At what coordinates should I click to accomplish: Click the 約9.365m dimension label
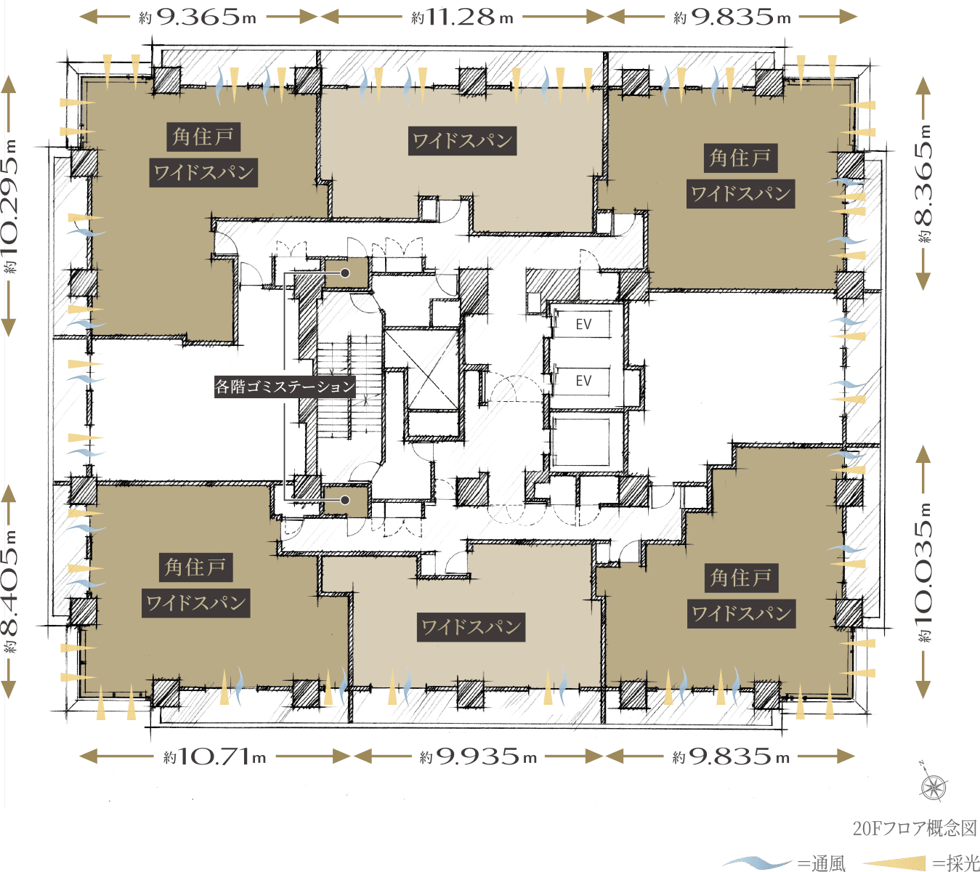pos(198,17)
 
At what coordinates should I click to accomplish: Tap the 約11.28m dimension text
pos(462,17)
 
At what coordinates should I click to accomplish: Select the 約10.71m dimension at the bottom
pos(215,756)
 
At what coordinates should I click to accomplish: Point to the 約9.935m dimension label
pos(478,756)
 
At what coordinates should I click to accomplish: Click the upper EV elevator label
pos(583,324)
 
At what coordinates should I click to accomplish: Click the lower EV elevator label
pos(583,381)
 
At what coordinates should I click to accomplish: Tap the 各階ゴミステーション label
pos(285,386)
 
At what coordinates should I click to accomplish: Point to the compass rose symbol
pos(933,787)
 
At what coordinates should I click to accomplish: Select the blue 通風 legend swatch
pos(757,863)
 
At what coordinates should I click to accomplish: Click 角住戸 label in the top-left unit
pos(203,137)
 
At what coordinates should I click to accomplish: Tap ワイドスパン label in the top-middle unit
pos(463,141)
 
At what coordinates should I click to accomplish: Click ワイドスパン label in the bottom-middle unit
pos(471,627)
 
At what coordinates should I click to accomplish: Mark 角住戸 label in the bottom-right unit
pos(741,578)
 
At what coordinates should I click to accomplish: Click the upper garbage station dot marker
pos(345,273)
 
